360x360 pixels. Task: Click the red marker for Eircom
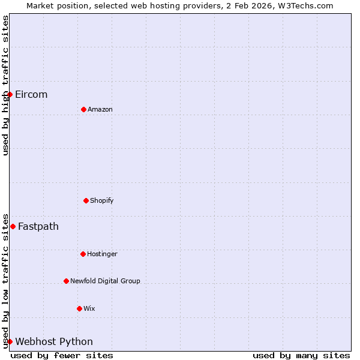[10, 94]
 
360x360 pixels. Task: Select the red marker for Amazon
[83, 109]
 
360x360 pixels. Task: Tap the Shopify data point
[86, 200]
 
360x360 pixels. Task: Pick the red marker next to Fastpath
[13, 226]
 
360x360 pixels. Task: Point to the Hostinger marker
[83, 254]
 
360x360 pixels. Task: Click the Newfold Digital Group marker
[66, 281]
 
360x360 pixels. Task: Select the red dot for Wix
[79, 308]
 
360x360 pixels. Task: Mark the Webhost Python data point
[10, 341]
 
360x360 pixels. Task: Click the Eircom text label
[31, 94]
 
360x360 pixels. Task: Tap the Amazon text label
[100, 109]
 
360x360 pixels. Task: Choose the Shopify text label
[102, 200]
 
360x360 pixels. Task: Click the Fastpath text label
[38, 226]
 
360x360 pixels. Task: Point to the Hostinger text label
[102, 254]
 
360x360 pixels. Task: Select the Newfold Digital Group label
[105, 281]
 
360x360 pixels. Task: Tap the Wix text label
[89, 308]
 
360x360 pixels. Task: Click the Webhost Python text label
[54, 341]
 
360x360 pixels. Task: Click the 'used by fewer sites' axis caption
[62, 355]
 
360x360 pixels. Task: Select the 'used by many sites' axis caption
[301, 355]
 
